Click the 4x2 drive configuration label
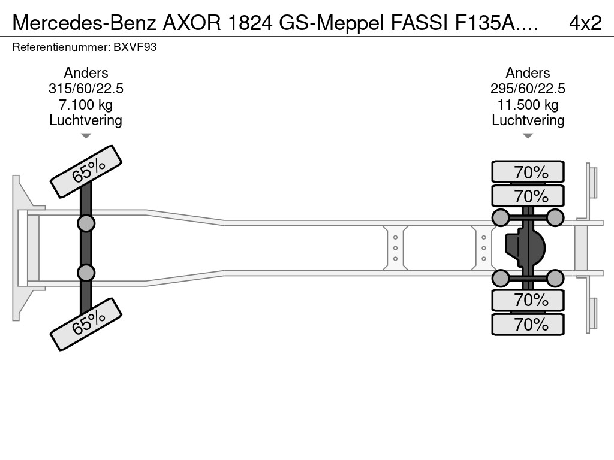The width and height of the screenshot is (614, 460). coord(585,22)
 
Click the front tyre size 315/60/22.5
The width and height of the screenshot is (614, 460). coord(86,89)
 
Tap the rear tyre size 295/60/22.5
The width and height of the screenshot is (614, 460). coord(528,89)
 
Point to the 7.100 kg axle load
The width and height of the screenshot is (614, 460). coord(86,105)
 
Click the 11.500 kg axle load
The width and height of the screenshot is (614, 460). coord(528,105)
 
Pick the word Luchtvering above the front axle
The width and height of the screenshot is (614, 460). coord(86,120)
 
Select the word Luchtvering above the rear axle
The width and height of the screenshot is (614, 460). coord(528,120)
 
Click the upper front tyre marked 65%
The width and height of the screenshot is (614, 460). coord(86,171)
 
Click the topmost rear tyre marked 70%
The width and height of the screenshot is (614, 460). coord(528,172)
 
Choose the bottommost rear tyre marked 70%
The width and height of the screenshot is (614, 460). coord(528,324)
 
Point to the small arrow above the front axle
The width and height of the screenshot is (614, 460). coord(86,136)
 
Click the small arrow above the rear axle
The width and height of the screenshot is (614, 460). coord(528,136)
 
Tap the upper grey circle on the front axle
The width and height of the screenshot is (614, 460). coord(86,223)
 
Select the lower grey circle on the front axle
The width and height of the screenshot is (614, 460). coord(86,273)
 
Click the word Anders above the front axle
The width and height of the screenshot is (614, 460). coord(86,73)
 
